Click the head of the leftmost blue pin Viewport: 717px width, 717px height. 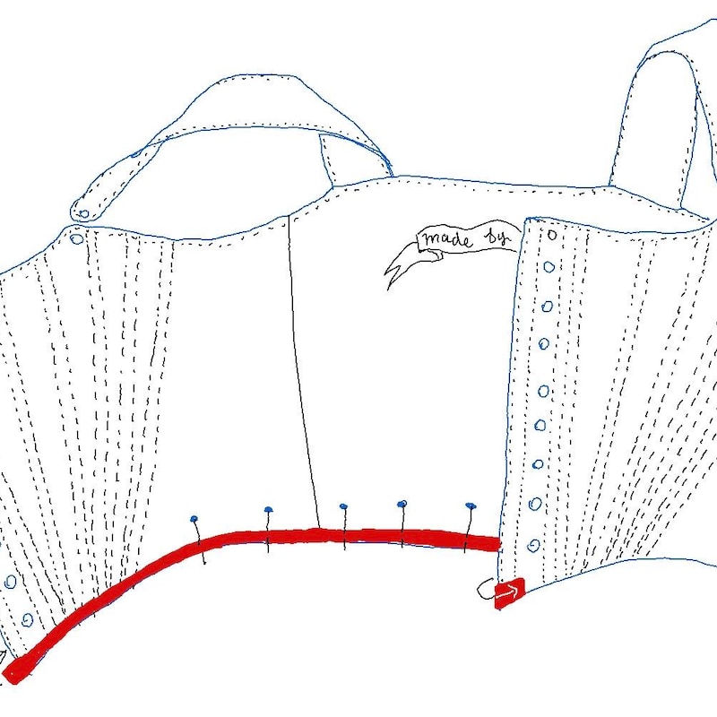(x=194, y=519)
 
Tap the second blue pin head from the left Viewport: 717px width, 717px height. (x=268, y=509)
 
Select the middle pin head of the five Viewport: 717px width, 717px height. (x=343, y=506)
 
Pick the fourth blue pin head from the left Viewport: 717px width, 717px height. (x=402, y=504)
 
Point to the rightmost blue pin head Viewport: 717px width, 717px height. (x=471, y=505)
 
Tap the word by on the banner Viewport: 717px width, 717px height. (x=497, y=238)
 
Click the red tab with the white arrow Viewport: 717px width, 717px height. (x=509, y=593)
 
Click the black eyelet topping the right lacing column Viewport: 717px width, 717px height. (x=552, y=235)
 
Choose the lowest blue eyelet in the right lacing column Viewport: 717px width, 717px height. (x=533, y=546)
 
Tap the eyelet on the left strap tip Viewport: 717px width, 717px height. (x=84, y=213)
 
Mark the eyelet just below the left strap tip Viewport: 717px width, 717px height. (x=77, y=238)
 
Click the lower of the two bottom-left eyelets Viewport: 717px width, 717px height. (x=28, y=619)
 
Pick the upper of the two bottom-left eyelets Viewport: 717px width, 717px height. (x=10, y=582)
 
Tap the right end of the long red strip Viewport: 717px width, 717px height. (x=497, y=544)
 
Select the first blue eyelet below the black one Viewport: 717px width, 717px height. (x=549, y=267)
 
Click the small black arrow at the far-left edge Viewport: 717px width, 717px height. (x=3, y=658)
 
